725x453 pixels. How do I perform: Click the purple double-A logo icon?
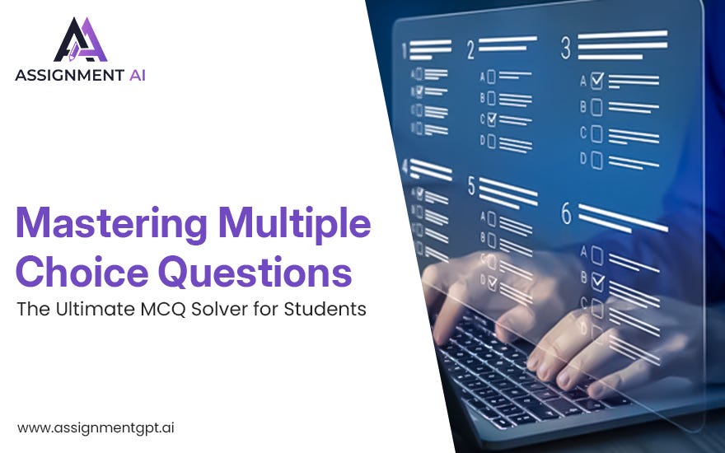(x=81, y=40)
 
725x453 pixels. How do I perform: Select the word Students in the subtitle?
(x=329, y=311)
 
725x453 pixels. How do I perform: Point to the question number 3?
(x=566, y=48)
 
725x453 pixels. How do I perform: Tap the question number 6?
(x=566, y=213)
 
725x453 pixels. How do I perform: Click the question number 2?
(x=470, y=49)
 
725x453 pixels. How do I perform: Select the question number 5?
(x=471, y=187)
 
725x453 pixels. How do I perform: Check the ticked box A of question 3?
(x=597, y=81)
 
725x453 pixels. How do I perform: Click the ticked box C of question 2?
(x=492, y=120)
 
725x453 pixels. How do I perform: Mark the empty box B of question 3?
(x=597, y=106)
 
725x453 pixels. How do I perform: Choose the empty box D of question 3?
(x=597, y=160)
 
